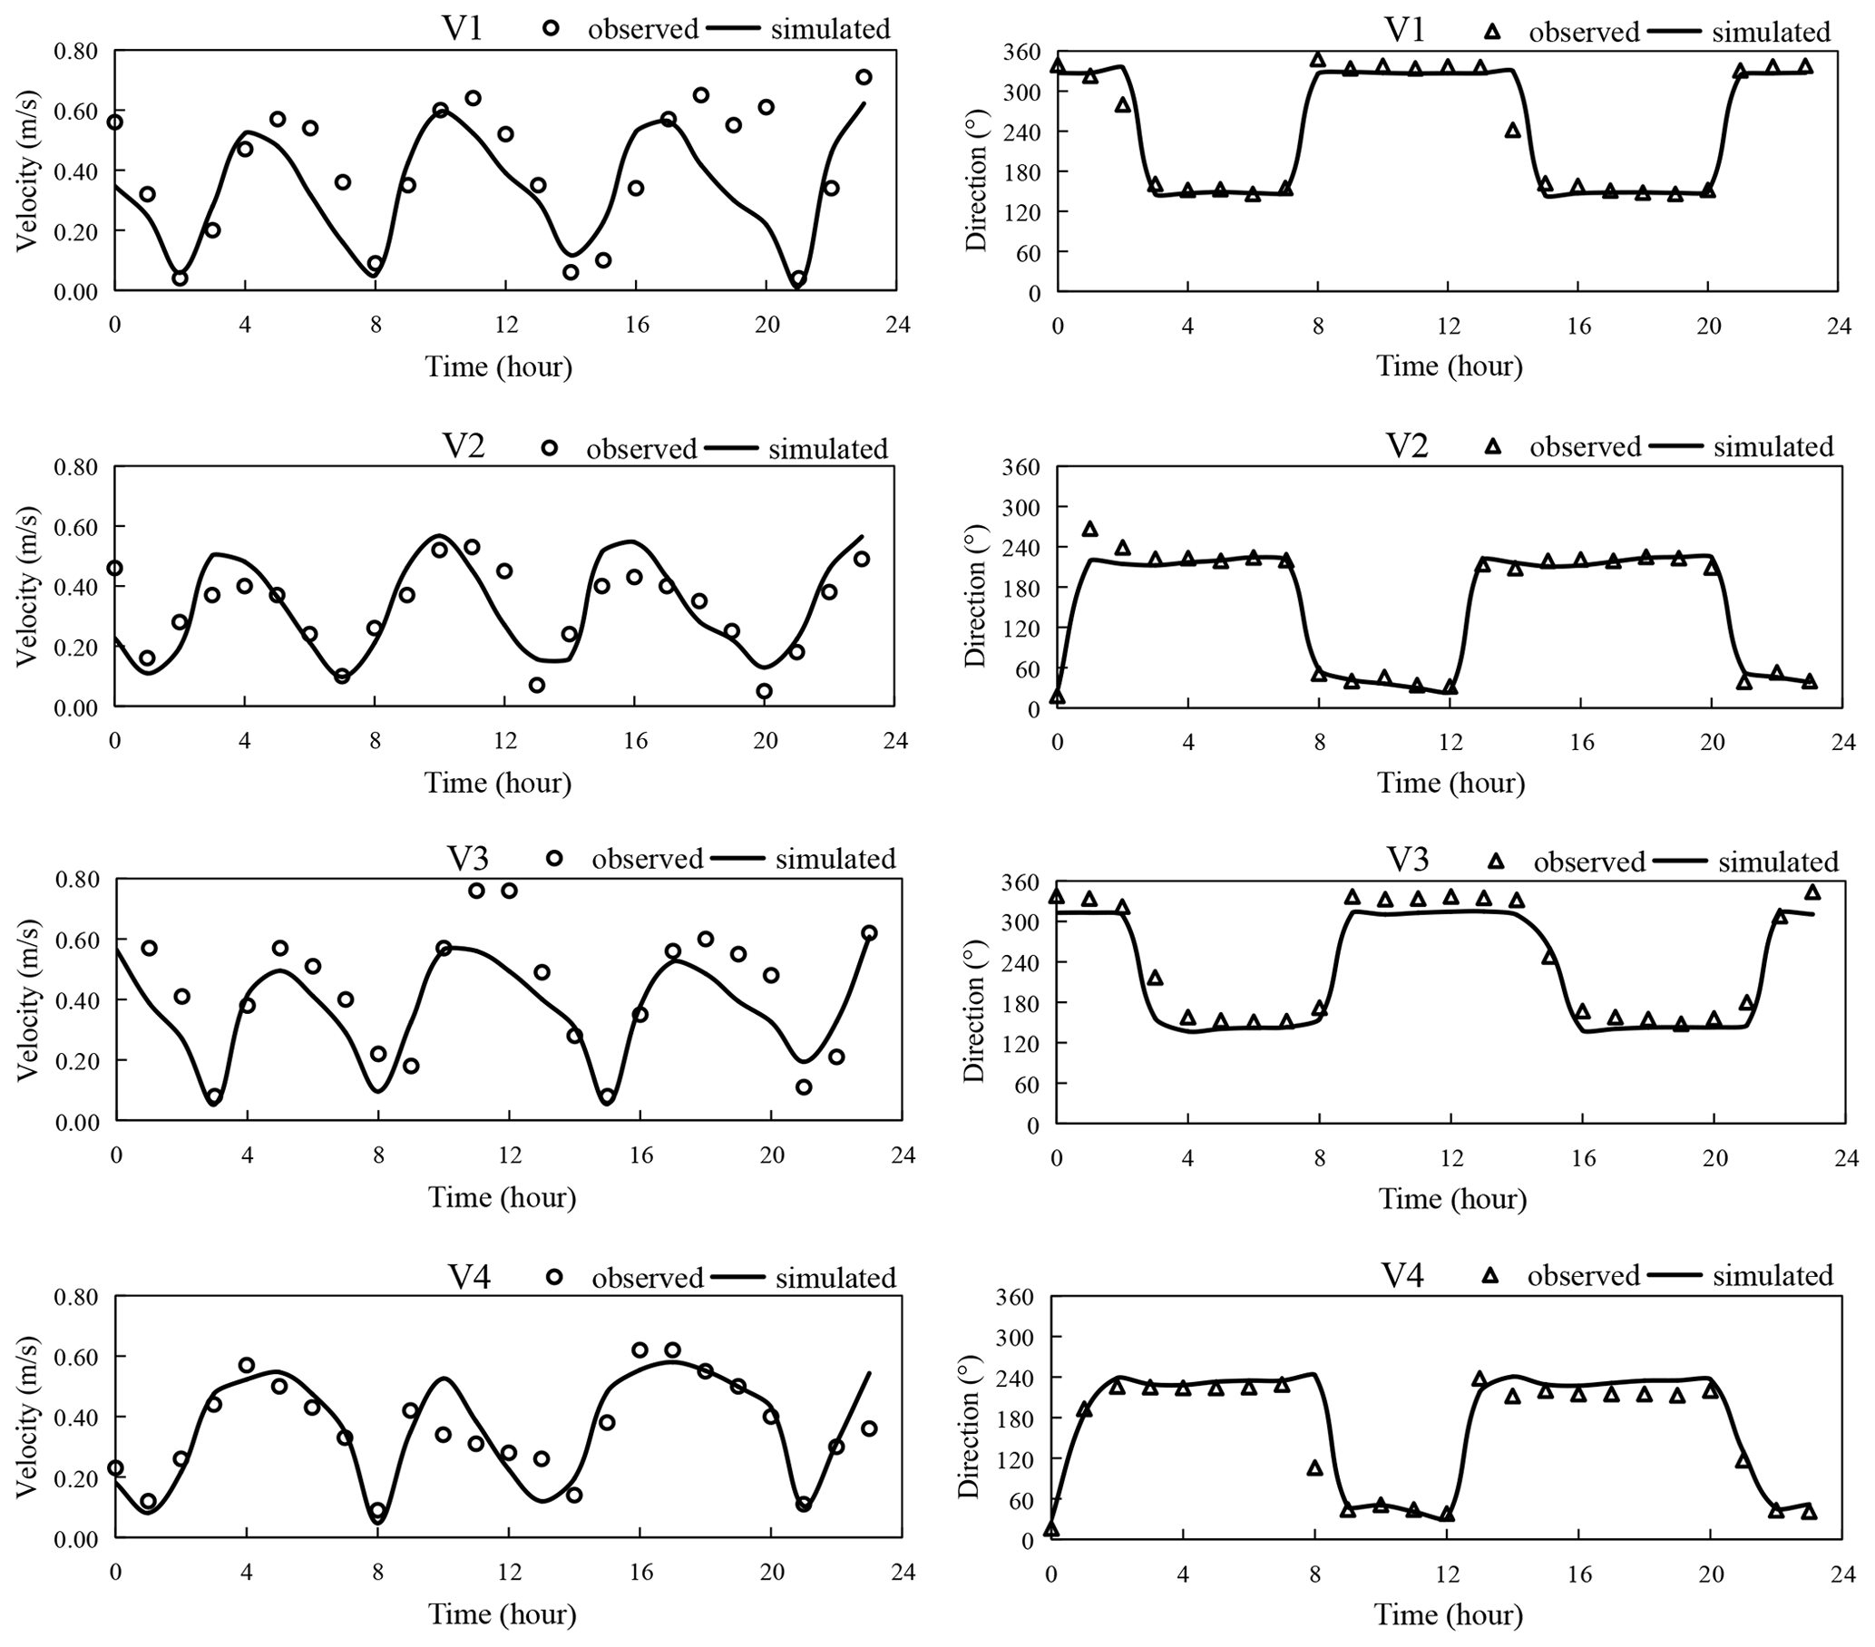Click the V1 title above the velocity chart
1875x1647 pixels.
464,29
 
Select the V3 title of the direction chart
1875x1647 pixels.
1407,860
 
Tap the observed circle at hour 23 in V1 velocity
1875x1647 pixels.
864,77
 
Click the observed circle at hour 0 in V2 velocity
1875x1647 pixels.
114,568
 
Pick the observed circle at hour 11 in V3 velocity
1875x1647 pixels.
476,891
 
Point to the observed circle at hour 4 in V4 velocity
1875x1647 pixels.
246,1365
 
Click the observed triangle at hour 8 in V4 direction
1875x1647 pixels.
1314,1468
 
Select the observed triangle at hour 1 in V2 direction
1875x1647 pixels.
1089,529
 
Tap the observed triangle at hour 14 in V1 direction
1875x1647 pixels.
1513,131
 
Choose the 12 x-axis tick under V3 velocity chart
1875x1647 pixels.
509,1155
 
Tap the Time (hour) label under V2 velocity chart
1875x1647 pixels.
497,782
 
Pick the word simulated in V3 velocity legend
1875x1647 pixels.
835,859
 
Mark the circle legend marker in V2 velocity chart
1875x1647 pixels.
550,448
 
